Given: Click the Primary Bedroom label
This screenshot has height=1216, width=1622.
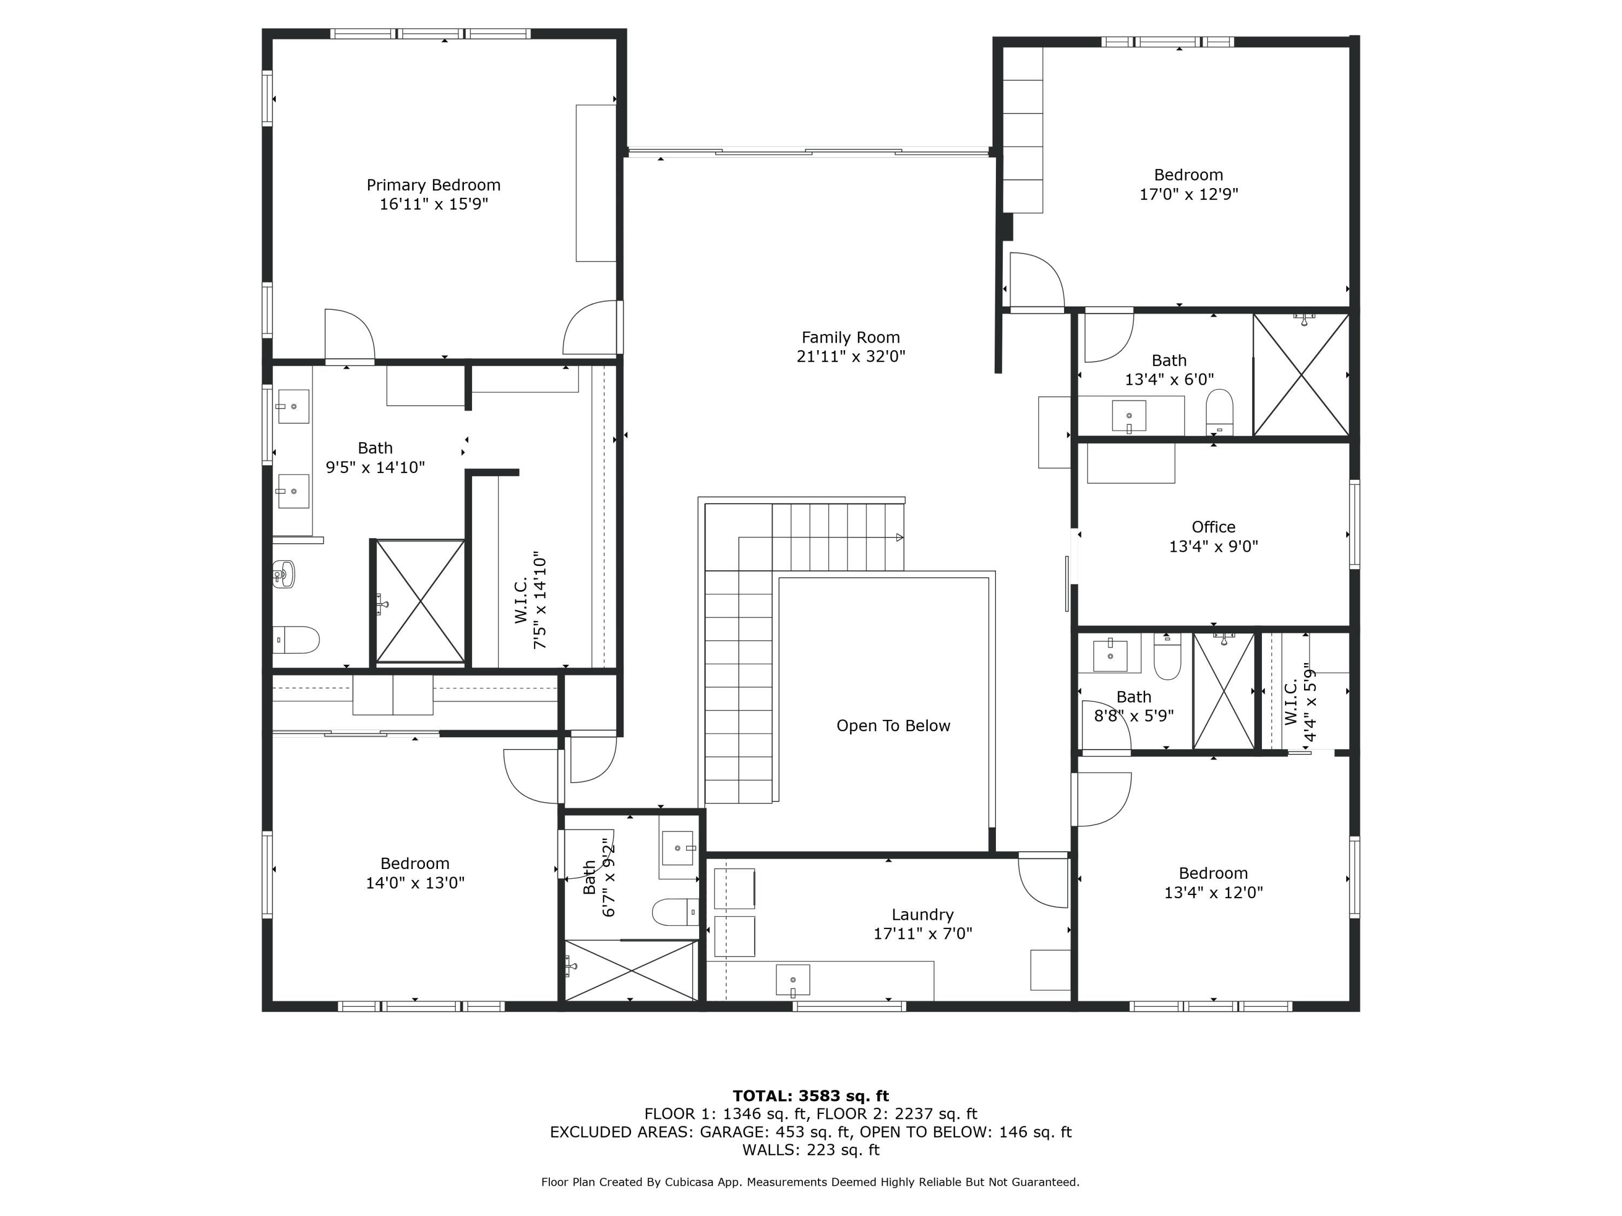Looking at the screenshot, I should (434, 185).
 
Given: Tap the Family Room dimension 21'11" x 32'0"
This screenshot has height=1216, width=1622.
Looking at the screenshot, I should (850, 357).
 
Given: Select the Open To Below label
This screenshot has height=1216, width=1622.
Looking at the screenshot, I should (893, 726).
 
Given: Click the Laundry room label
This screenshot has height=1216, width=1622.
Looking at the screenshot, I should (922, 915).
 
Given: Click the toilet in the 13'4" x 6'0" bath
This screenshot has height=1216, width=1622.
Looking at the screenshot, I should (1219, 413).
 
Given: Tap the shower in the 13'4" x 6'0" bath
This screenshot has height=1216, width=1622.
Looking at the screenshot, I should (1301, 375).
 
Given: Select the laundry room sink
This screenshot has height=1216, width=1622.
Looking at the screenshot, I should (793, 980).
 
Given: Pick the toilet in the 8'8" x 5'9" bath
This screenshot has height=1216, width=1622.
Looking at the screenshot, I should (1167, 657).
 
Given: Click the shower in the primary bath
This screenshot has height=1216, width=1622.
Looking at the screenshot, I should (420, 601).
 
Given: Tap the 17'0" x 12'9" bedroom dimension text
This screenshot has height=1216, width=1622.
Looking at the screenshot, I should (1188, 194).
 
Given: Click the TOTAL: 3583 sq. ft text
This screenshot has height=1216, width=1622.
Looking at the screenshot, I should (810, 1096).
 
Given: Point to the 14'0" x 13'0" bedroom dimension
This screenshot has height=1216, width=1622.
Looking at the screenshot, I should (415, 883).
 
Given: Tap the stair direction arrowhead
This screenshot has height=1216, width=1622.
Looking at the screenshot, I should (900, 537).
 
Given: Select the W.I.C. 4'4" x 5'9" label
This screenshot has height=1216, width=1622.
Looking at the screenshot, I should (1300, 702).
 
